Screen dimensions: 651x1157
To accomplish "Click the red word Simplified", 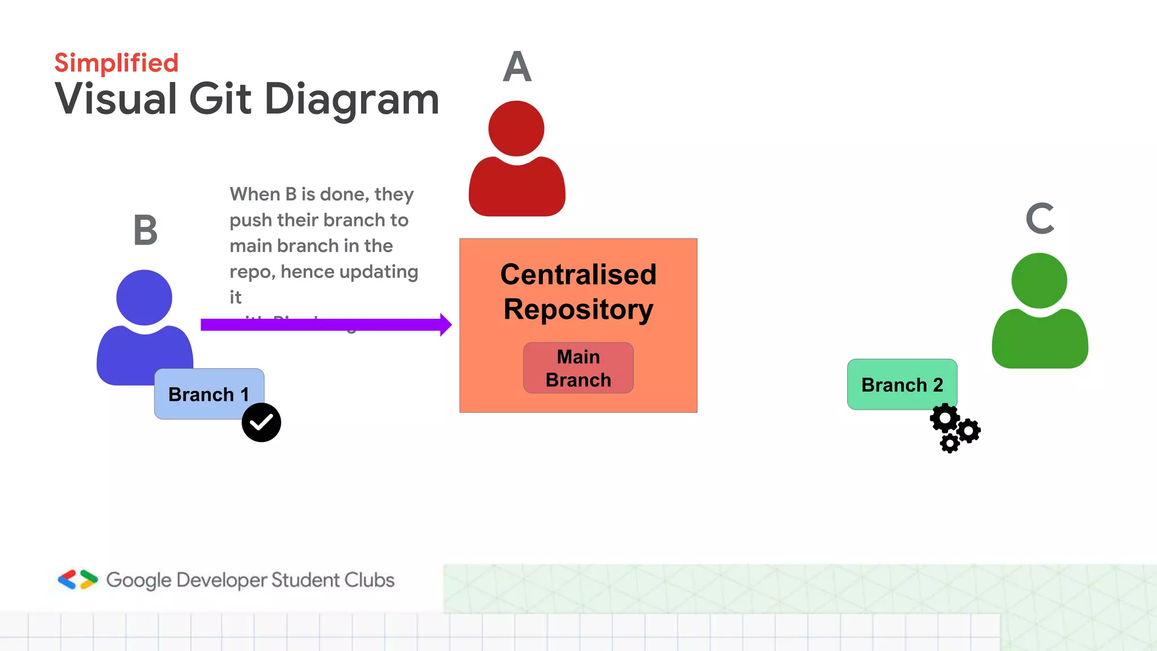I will point(116,63).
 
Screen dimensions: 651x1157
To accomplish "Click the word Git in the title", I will point(220,99).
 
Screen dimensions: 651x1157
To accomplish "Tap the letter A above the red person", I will point(517,67).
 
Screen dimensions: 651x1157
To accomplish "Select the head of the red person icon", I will point(516,128).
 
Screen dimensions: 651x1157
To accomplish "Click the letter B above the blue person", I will point(145,230).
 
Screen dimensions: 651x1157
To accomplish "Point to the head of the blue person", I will point(144,297).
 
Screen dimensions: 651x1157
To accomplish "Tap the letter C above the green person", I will point(1040,219).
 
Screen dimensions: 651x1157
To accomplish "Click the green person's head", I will point(1039,280).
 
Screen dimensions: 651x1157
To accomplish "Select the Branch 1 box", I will point(208,394).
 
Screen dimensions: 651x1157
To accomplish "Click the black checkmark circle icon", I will point(261,422).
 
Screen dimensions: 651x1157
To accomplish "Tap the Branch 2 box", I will point(902,384).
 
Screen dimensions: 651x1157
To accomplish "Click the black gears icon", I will point(955,428).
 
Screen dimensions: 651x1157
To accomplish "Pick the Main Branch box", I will point(578,368).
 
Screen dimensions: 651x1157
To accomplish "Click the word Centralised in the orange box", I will point(578,275).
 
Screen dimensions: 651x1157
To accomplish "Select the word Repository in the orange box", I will point(578,310).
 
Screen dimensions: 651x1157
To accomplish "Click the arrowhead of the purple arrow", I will point(445,324).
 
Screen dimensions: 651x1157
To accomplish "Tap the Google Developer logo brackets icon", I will point(78,580).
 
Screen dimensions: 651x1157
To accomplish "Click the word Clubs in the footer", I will point(369,580).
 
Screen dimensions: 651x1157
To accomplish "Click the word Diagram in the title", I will point(351,99).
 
